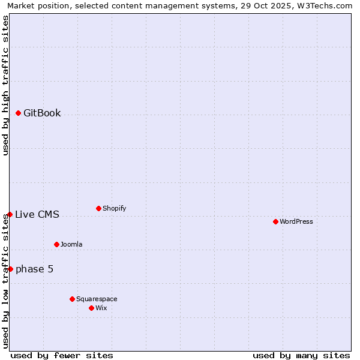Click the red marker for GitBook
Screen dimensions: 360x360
pos(19,113)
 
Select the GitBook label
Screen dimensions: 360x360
pos(42,113)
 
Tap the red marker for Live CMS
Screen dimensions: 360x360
pos(10,214)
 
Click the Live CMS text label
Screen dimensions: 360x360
pos(37,214)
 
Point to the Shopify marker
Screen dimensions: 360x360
pos(98,208)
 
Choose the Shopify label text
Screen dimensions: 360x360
pos(114,208)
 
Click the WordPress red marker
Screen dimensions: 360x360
pos(275,221)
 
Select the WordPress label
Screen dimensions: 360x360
pos(296,221)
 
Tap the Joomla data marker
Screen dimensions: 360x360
pos(56,244)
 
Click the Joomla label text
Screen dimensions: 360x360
pos(71,244)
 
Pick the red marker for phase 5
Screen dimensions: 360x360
pos(10,269)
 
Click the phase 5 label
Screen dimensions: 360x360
pos(34,269)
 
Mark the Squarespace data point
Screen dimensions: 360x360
pos(72,299)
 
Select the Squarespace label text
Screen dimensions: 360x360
pos(97,299)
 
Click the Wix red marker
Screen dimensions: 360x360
pos(91,308)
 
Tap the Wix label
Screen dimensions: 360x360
pos(101,308)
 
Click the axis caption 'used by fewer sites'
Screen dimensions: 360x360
pos(62,355)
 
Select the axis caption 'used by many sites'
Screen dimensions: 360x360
pos(301,355)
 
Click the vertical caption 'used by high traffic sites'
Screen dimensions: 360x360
pos(5,85)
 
